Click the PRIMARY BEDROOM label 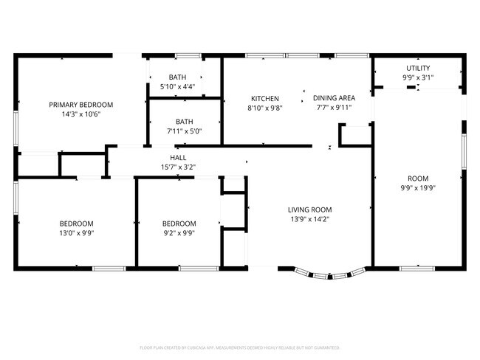pos(80,105)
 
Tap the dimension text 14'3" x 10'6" pos(80,114)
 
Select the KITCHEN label pos(264,98)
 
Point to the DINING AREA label pos(334,98)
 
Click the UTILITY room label pos(417,68)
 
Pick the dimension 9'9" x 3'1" pos(417,77)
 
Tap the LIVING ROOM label pos(309,210)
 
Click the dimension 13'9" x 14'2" pos(309,219)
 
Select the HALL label pos(178,158)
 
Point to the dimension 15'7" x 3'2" pos(178,167)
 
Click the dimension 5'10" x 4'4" pos(177,87)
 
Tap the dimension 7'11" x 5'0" pos(184,131)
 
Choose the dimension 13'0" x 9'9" pos(76,233)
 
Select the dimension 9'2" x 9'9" pos(179,233)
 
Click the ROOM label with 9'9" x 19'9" pos(417,179)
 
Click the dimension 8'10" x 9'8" pos(264,108)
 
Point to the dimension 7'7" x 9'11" pos(334,108)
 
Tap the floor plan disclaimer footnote pos(239,347)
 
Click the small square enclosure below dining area pos(353,136)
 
